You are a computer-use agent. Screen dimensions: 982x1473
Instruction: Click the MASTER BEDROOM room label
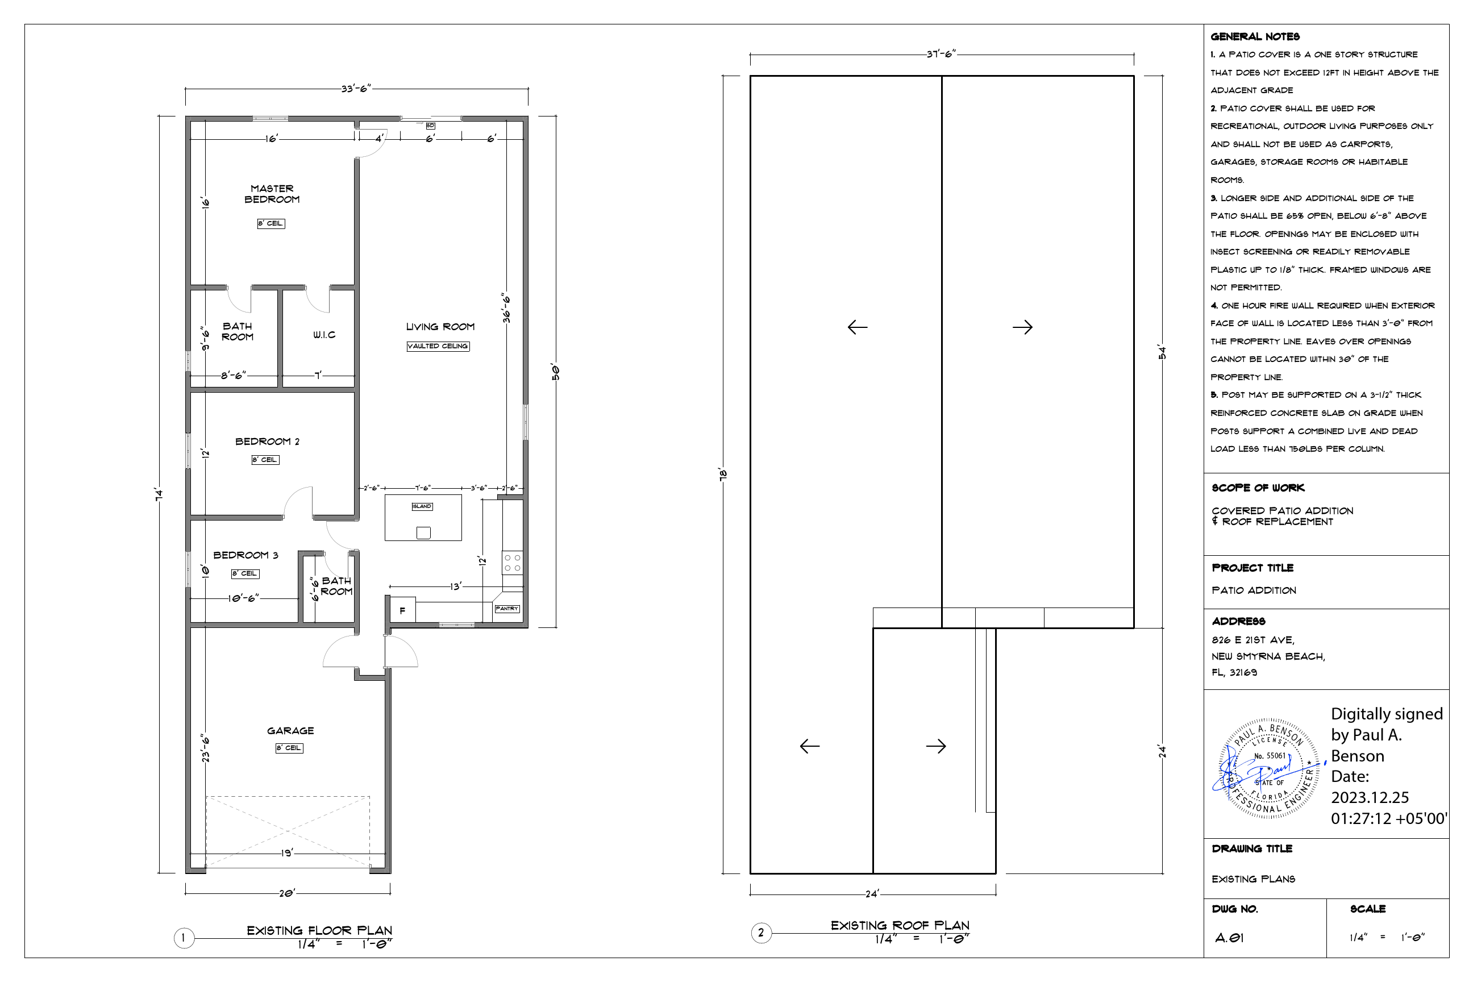pyautogui.click(x=272, y=194)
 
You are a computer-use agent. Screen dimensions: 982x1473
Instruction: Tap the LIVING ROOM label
pyautogui.click(x=440, y=327)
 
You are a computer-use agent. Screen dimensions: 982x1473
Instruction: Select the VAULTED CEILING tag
pyautogui.click(x=438, y=346)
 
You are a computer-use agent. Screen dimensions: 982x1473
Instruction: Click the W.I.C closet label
pyautogui.click(x=324, y=335)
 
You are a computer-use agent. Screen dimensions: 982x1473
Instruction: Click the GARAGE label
pyautogui.click(x=290, y=731)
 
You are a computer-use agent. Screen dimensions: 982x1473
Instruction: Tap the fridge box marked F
pyautogui.click(x=402, y=610)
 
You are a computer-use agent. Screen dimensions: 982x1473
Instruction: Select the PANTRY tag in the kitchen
pyautogui.click(x=507, y=609)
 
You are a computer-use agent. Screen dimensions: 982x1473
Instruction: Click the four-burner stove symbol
pyautogui.click(x=512, y=563)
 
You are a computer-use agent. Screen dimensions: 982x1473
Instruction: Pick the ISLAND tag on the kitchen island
pyautogui.click(x=422, y=506)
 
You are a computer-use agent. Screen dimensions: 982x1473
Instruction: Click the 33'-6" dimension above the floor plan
pyautogui.click(x=356, y=89)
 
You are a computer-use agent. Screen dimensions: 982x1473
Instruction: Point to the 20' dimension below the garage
pyautogui.click(x=287, y=893)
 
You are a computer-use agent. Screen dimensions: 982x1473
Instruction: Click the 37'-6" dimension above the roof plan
pyautogui.click(x=941, y=55)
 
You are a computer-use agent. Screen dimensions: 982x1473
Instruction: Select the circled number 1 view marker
pyautogui.click(x=184, y=938)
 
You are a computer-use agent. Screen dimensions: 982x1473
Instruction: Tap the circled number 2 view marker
pyautogui.click(x=761, y=933)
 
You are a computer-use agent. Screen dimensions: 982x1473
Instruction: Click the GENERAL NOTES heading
pyautogui.click(x=1254, y=37)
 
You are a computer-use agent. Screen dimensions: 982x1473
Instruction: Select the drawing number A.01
pyautogui.click(x=1229, y=938)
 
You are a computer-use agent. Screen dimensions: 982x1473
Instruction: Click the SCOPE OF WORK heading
pyautogui.click(x=1258, y=488)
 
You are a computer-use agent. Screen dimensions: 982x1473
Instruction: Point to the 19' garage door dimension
pyautogui.click(x=287, y=853)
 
